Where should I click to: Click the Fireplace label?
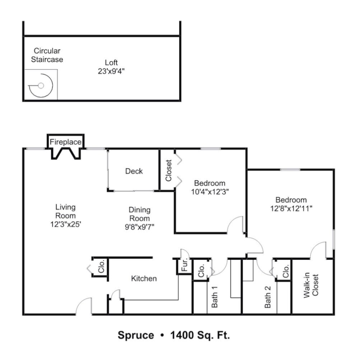point(65,142)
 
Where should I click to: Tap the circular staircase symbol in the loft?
point(41,85)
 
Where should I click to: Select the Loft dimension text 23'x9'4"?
point(111,71)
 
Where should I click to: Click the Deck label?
point(134,171)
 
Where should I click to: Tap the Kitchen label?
point(144,278)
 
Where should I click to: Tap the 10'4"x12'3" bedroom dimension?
point(210,192)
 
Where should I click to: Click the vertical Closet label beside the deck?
point(169,170)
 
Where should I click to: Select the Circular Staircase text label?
point(47,55)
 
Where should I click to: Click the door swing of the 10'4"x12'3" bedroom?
point(235,225)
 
